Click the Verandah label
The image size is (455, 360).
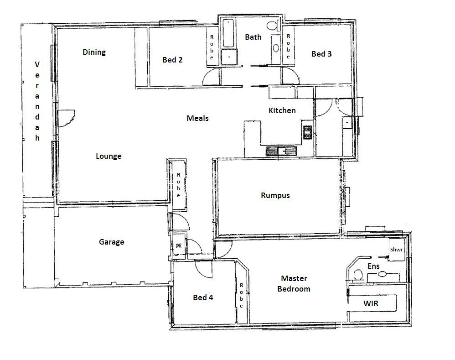(37, 101)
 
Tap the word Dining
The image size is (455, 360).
(94, 52)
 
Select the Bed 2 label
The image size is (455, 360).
(172, 60)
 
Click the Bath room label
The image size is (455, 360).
(253, 37)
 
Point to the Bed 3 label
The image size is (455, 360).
(321, 54)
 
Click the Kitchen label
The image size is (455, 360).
(282, 110)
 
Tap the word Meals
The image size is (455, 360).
(197, 118)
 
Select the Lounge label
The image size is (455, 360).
(109, 156)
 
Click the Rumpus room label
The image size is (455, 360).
(275, 195)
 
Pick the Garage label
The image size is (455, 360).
(111, 242)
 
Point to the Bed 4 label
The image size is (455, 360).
(203, 297)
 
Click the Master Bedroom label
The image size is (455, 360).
(294, 283)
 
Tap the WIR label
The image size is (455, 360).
(370, 303)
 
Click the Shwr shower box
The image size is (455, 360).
(395, 250)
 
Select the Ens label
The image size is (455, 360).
(374, 266)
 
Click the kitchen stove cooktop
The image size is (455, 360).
(307, 132)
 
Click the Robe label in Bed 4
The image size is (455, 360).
(241, 295)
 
